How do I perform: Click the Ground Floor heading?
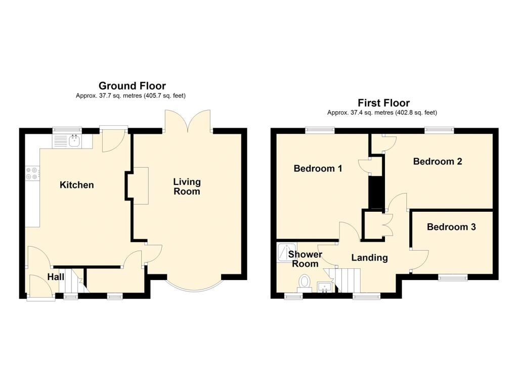tap(132, 86)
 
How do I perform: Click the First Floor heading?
tap(383, 103)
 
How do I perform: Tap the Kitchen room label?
tap(77, 185)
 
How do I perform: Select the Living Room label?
tap(187, 186)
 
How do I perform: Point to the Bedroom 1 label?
tap(318, 169)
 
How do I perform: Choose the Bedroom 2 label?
tap(438, 162)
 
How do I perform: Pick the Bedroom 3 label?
tap(451, 227)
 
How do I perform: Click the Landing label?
tap(369, 258)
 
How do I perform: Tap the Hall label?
tap(56, 277)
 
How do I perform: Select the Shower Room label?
tap(306, 259)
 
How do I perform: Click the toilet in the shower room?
tap(305, 281)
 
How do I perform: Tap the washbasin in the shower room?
tap(324, 288)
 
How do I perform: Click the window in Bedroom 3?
tap(452, 277)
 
